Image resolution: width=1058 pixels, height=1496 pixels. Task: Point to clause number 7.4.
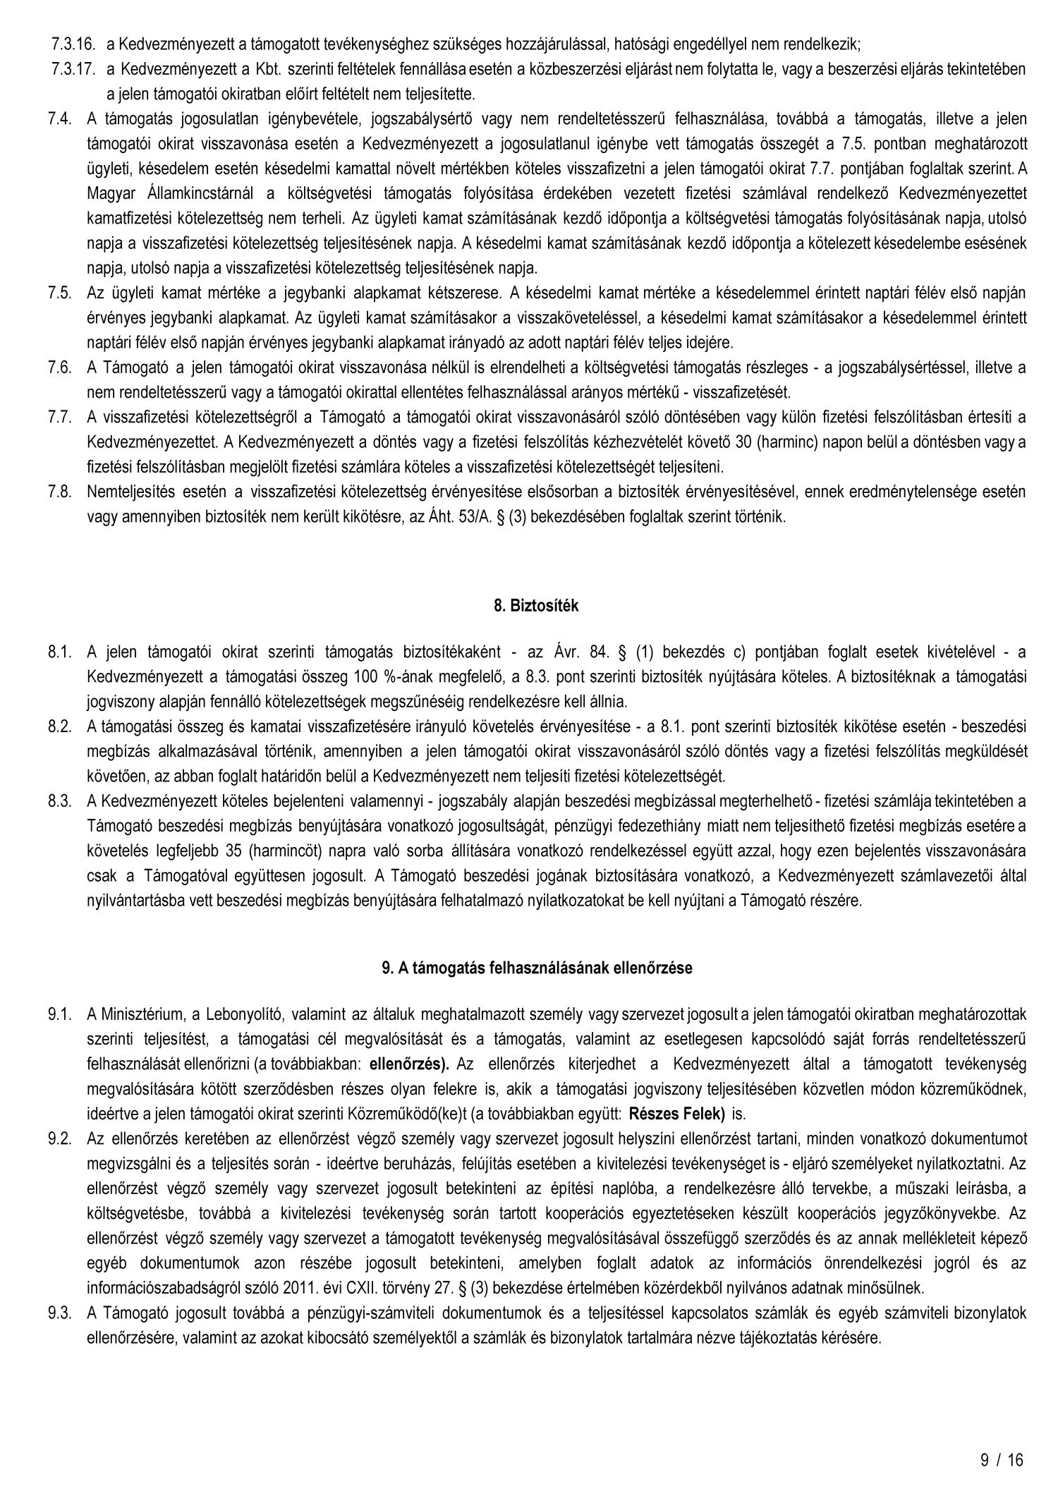(60, 118)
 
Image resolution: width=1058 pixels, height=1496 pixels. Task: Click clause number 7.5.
(60, 292)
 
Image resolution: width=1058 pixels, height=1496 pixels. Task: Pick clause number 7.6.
(60, 367)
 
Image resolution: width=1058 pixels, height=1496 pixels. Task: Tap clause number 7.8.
(60, 492)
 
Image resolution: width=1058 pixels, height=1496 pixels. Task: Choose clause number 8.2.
(60, 726)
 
